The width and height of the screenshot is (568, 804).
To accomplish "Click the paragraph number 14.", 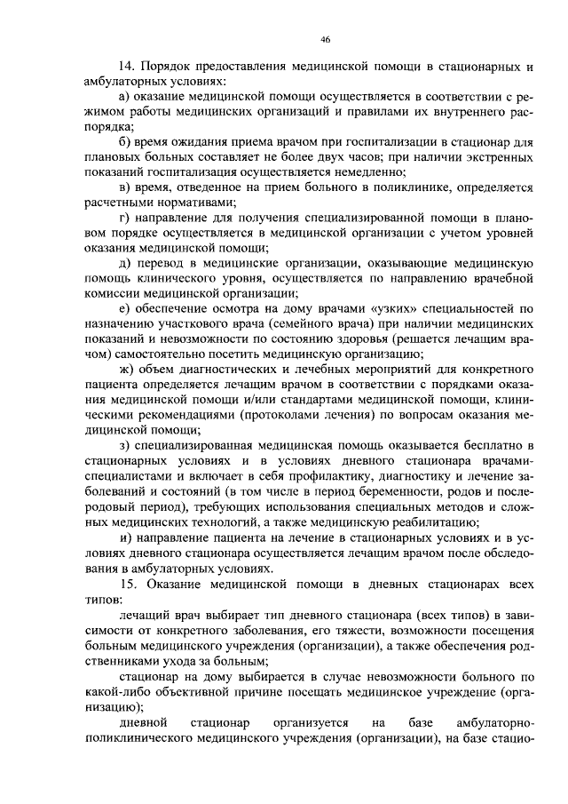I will pyautogui.click(x=125, y=67).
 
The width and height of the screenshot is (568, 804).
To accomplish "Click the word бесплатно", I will pyautogui.click(x=487, y=444).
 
